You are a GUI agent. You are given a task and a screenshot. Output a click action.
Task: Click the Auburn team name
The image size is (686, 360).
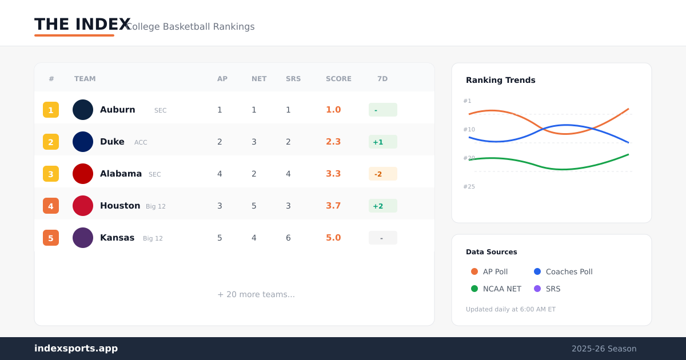pos(117,110)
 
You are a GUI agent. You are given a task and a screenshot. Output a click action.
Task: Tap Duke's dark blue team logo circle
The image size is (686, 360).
pos(83,142)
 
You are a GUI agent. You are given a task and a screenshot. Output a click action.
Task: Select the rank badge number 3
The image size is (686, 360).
pos(51,174)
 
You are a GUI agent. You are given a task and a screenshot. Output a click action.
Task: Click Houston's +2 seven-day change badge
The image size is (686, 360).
pos(383,206)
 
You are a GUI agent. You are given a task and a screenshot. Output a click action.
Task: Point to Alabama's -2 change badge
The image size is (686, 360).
pos(383,174)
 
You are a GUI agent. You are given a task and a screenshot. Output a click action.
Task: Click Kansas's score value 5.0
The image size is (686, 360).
pos(333,238)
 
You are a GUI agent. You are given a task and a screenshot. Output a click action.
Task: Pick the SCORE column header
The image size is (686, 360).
pos(338,79)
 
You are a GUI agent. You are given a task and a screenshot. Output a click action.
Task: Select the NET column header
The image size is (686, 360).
pos(259,79)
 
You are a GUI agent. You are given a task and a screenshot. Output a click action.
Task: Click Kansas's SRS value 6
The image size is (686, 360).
pos(288,238)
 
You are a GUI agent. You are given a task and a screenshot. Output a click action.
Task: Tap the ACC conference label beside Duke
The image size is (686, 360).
pos(141,142)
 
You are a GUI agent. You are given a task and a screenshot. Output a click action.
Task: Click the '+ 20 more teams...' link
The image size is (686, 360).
pos(256,294)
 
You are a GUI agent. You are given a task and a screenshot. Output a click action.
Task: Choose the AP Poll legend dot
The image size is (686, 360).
pos(474,271)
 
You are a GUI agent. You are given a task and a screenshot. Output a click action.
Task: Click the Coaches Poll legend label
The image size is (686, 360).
pos(569,271)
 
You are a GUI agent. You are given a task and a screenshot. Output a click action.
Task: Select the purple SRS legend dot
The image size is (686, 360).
pos(537,289)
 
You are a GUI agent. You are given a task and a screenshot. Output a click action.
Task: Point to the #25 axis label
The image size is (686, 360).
pos(469,186)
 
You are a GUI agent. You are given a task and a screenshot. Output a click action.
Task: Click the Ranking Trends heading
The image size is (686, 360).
pos(500,80)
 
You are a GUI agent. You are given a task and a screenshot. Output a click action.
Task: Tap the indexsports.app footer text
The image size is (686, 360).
pos(76,349)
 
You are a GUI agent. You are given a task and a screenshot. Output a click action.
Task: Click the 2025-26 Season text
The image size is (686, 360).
pos(604,349)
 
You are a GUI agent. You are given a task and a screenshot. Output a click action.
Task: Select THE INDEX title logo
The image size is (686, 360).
pos(82,24)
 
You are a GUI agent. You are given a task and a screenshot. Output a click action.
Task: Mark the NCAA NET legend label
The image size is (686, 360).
pos(502,289)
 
